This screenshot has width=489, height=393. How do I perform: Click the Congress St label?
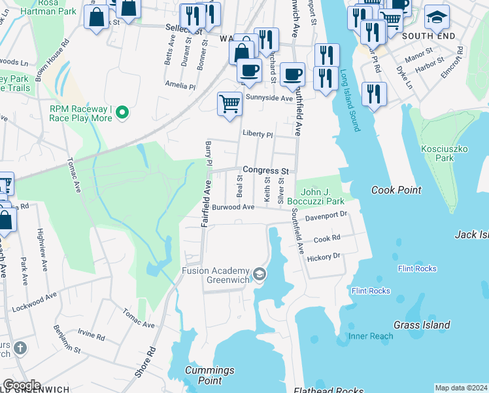pos(265,170)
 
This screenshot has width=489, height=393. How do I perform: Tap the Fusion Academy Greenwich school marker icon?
pos(260,274)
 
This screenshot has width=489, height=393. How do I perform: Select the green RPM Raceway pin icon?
pos(122,114)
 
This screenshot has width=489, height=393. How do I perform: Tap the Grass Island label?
pos(422,325)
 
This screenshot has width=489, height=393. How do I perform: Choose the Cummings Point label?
pos(209,375)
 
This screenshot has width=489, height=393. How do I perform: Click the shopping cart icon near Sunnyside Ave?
pos(229,103)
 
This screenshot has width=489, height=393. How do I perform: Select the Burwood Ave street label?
pos(233,207)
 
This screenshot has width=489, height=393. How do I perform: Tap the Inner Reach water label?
pos(371,336)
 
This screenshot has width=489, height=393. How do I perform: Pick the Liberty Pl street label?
pos(257,134)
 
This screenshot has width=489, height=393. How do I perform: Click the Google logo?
pos(22,385)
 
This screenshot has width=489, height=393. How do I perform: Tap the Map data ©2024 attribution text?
pos(460,388)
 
